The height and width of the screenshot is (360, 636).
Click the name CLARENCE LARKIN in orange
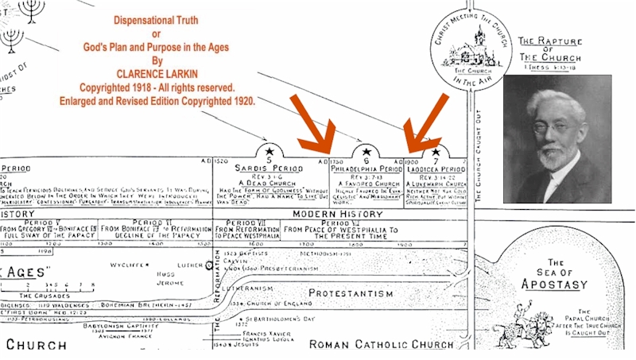click(x=155, y=74)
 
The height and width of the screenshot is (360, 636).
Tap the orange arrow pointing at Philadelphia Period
click(x=317, y=123)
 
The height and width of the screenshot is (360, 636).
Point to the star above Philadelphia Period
click(x=366, y=151)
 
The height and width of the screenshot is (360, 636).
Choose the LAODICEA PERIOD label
click(x=436, y=169)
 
